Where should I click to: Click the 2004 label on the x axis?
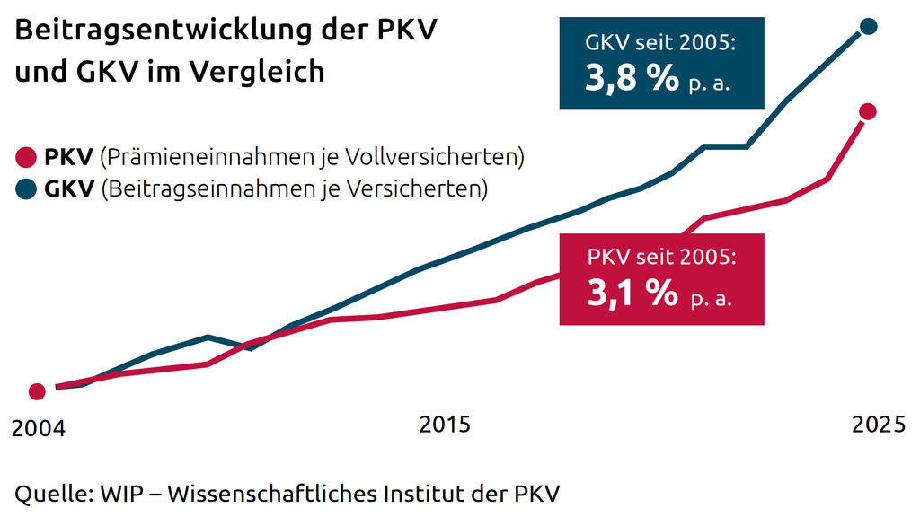click(x=39, y=429)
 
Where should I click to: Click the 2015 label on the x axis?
click(x=445, y=425)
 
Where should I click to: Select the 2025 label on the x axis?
click(x=879, y=425)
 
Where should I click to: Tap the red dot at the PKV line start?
click(x=37, y=391)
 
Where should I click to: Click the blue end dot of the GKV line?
click(x=868, y=26)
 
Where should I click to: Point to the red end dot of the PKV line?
click(x=867, y=111)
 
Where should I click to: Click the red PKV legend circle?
click(x=26, y=159)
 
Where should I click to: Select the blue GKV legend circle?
click(x=26, y=189)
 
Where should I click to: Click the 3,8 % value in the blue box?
click(x=632, y=79)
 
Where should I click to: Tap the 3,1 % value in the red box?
click(x=632, y=293)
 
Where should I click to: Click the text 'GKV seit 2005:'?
click(x=660, y=42)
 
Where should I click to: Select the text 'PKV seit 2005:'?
click(x=661, y=258)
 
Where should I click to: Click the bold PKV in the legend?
click(x=68, y=158)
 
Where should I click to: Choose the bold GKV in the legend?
click(x=69, y=189)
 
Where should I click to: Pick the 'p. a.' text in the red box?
click(x=712, y=298)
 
